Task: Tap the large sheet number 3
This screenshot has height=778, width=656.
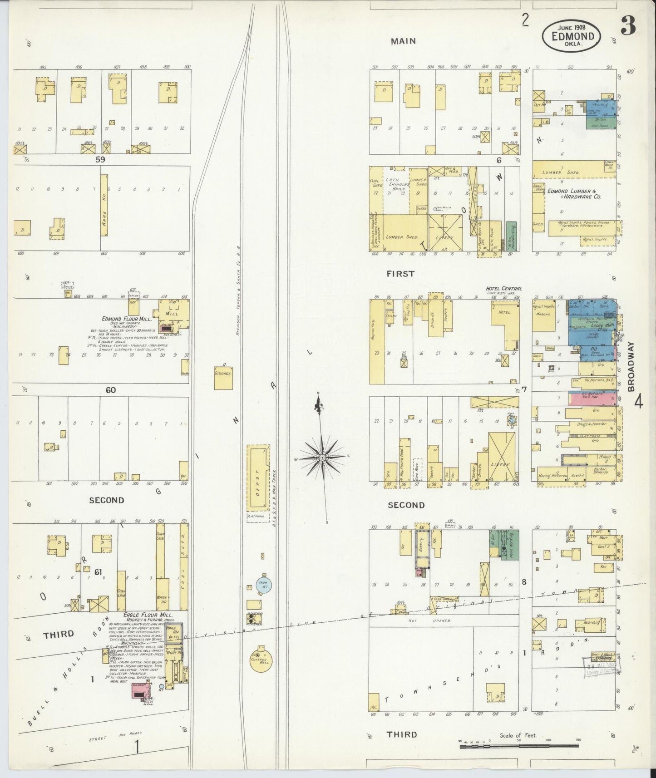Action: click(x=628, y=27)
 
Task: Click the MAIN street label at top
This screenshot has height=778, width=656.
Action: click(x=403, y=41)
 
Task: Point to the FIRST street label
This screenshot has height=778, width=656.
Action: click(x=400, y=274)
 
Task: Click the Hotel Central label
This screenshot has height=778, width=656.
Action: click(x=503, y=288)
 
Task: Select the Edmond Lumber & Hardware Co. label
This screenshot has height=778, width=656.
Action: click(x=574, y=194)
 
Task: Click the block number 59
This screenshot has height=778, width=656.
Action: click(x=100, y=160)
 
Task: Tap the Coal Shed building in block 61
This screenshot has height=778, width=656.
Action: click(x=183, y=567)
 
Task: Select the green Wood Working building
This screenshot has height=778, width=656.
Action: click(x=510, y=545)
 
